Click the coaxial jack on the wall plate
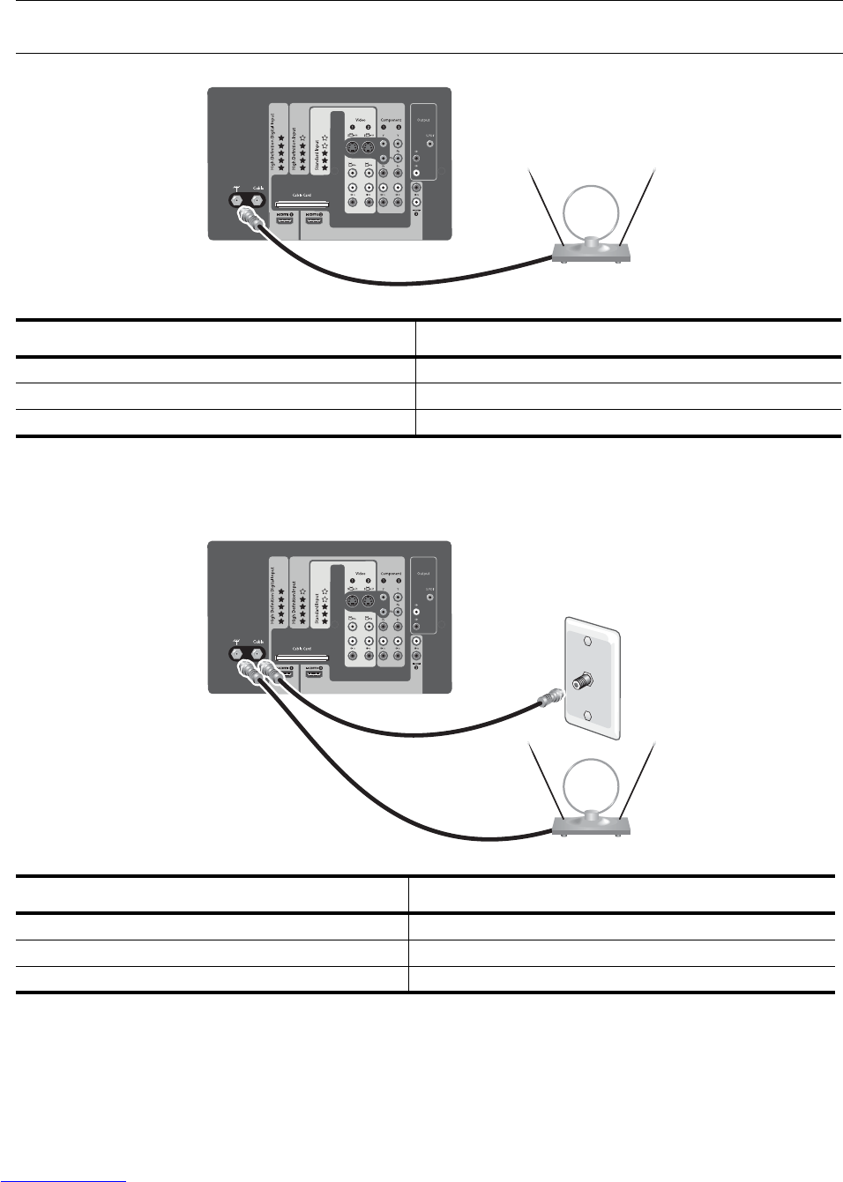(x=582, y=682)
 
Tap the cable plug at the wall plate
(x=547, y=698)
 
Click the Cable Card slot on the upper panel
(x=302, y=204)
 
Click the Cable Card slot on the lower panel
(x=302, y=658)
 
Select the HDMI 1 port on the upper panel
(x=286, y=216)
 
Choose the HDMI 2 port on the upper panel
(x=313, y=216)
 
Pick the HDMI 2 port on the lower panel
(x=313, y=670)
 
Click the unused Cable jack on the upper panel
(x=258, y=200)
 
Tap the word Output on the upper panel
(x=423, y=120)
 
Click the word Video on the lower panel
(x=360, y=573)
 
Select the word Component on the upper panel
(x=391, y=120)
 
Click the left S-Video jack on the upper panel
(x=354, y=147)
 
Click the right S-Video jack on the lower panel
(x=369, y=601)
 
